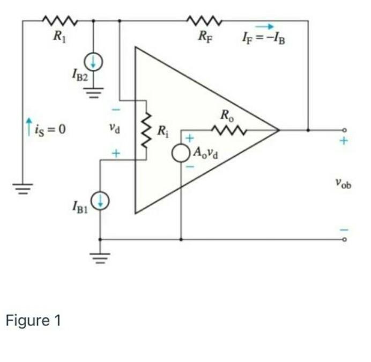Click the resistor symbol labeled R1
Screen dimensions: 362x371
point(60,21)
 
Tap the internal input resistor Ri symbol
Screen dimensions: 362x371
point(144,130)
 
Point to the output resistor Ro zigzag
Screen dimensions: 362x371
point(228,129)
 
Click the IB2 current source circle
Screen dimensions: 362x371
point(94,63)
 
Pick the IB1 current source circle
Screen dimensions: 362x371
point(100,201)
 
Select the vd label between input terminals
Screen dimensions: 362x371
point(113,129)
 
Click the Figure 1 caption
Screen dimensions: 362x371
point(33,321)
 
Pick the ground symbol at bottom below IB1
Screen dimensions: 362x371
point(100,257)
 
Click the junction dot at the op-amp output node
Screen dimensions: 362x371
point(308,129)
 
